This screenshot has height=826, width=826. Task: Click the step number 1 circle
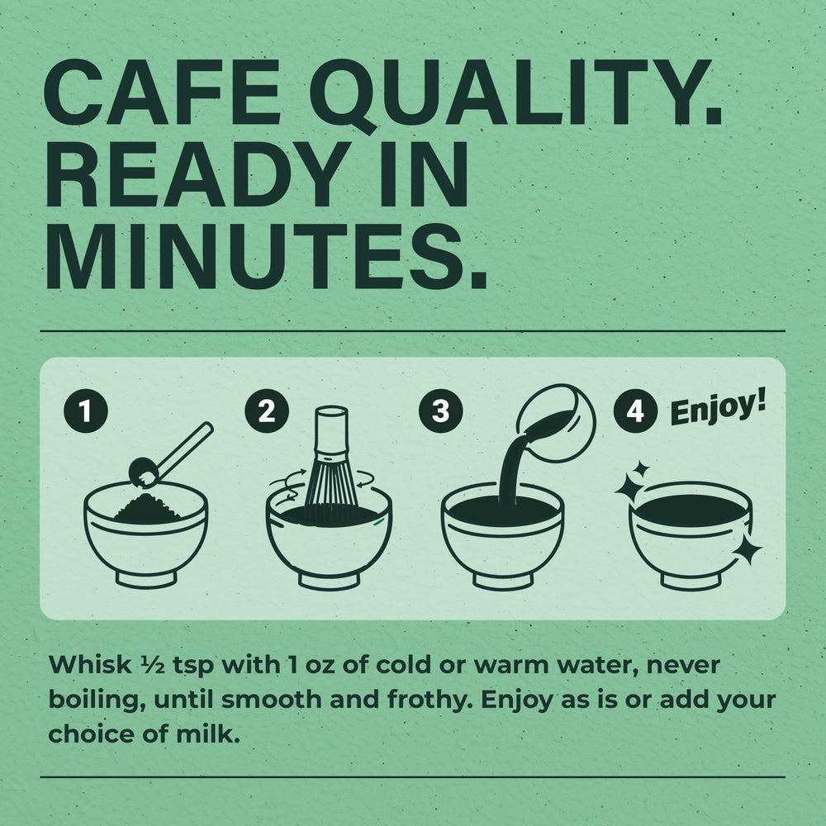click(86, 411)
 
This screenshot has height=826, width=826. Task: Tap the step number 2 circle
click(267, 411)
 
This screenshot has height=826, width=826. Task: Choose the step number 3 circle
click(441, 411)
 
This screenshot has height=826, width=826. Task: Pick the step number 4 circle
click(635, 411)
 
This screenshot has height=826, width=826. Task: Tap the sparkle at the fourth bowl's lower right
click(747, 551)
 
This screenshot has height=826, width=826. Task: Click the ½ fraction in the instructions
click(154, 666)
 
